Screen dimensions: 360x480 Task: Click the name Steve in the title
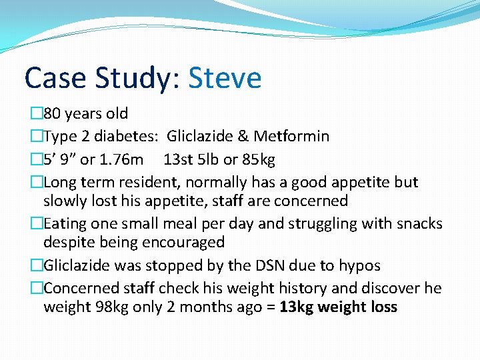[x=225, y=78]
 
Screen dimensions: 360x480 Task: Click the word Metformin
[x=292, y=137]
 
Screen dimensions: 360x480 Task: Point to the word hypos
[x=358, y=265]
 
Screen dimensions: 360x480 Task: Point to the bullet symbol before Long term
[x=37, y=182]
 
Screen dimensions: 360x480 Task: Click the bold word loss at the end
[x=383, y=307]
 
